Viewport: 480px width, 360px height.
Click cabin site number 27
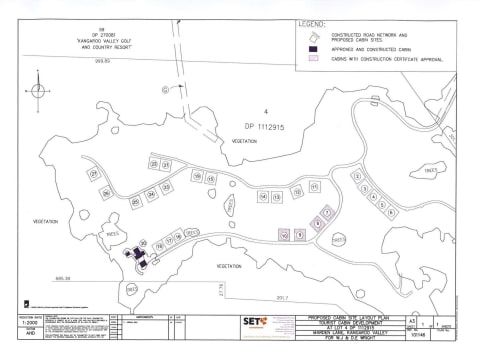click(x=93, y=174)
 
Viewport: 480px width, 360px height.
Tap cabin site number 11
click(x=314, y=187)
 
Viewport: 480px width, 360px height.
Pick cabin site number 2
click(x=356, y=177)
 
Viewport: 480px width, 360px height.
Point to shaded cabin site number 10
click(x=285, y=234)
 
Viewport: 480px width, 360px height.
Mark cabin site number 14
click(x=264, y=197)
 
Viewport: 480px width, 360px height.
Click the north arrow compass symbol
click(x=39, y=90)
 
